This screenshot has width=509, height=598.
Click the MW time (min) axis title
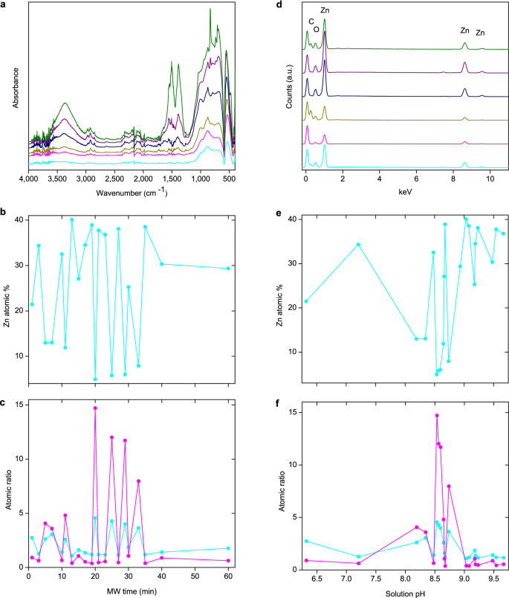pos(131,592)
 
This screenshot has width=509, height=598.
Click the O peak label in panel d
pos(317,30)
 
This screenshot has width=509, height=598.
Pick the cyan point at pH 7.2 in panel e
pos(358,244)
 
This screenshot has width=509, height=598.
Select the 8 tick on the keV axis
pos(453,180)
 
